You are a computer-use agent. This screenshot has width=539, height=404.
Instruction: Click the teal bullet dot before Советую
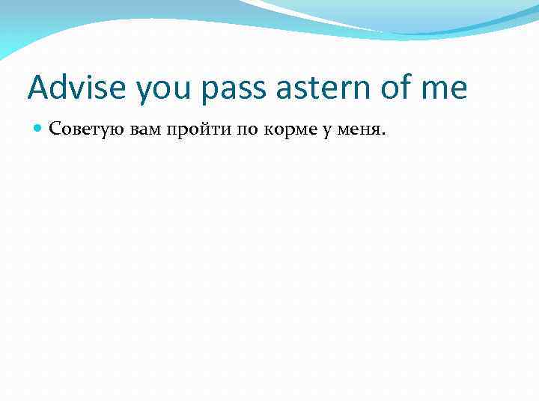pyautogui.click(x=38, y=129)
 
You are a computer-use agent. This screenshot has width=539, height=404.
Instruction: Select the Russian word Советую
pyautogui.click(x=78, y=130)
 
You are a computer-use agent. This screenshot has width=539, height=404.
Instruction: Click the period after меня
pyautogui.click(x=384, y=135)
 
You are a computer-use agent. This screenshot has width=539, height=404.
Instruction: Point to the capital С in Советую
pyautogui.click(x=54, y=130)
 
